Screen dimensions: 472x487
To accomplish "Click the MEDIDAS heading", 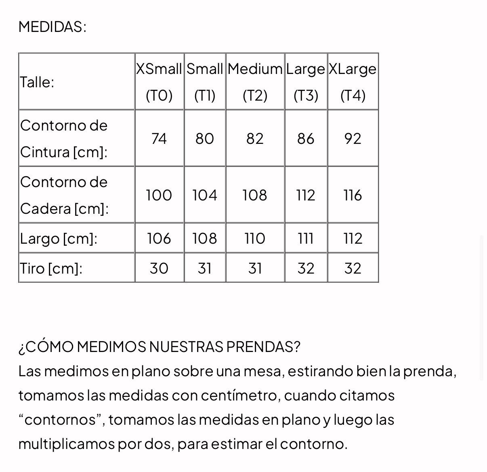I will (52, 27).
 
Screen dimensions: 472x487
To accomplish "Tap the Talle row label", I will (37, 82).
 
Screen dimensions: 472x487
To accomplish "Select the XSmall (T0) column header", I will (159, 82).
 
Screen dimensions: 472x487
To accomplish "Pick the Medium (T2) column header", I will (255, 82).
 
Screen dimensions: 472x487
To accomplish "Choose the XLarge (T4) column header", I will (353, 82).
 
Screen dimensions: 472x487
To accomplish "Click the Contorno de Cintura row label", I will (64, 139).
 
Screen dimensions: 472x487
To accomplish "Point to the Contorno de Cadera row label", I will (64, 195).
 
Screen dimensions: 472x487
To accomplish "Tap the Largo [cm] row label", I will (59, 238).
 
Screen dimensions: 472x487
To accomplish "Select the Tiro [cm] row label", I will (51, 268).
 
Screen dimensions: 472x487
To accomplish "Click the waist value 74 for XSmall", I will (159, 139).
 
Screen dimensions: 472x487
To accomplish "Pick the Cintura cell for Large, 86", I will (306, 139).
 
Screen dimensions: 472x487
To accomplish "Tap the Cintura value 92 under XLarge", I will (353, 139).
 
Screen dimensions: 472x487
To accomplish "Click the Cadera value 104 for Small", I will (205, 195).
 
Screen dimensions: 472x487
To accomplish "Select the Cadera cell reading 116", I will (353, 195).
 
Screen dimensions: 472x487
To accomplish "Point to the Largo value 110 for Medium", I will (255, 238).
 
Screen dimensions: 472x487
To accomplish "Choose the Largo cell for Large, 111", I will (306, 238).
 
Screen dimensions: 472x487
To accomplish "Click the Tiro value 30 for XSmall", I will (159, 268).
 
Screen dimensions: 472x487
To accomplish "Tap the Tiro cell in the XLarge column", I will (353, 268).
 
